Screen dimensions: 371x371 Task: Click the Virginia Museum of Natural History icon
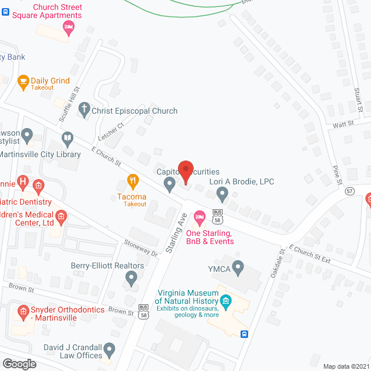(226, 300)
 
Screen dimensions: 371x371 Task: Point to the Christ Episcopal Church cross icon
(85, 110)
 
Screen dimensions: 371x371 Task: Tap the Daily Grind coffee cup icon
(23, 82)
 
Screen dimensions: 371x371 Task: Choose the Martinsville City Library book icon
(68, 138)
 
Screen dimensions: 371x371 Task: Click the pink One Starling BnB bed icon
(200, 218)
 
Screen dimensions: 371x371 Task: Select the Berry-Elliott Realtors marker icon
(132, 280)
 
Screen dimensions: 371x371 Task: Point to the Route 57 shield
(350, 191)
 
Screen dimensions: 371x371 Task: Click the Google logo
(19, 363)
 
